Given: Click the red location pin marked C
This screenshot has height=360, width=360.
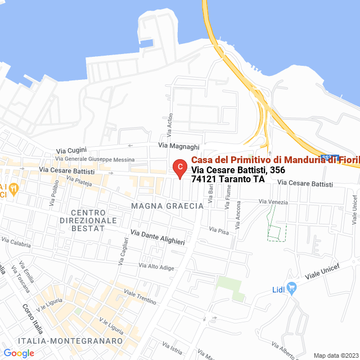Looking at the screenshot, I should tap(179, 168).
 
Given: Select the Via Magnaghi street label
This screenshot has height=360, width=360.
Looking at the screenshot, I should tap(179, 146).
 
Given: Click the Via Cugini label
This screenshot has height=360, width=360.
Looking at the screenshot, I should tap(70, 151).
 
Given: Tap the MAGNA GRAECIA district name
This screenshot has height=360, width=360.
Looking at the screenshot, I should tap(167, 206).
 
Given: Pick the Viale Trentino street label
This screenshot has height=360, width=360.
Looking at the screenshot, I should tap(139, 297).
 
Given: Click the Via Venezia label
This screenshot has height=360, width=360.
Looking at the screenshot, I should tap(273, 202).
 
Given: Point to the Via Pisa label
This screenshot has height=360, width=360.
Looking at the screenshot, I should tap(219, 229).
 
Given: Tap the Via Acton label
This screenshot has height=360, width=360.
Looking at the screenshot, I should tap(169, 124).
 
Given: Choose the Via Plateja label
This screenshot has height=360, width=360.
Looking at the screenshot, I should tap(79, 181).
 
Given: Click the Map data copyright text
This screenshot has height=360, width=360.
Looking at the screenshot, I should tap(335, 355).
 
